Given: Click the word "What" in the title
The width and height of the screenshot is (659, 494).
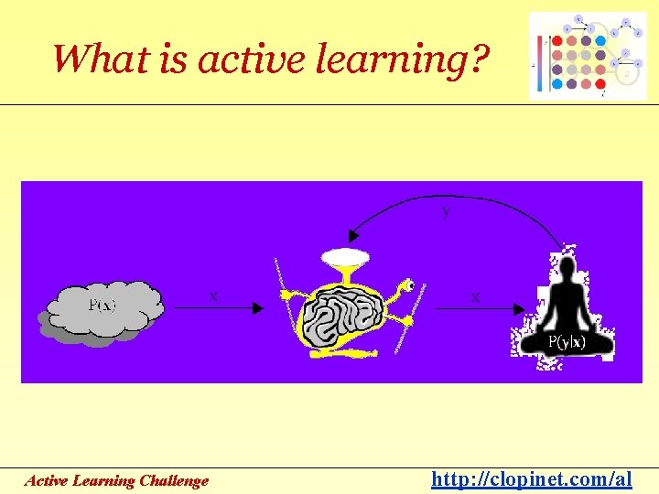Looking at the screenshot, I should [90, 59].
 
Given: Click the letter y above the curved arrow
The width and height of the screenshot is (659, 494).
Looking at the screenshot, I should [446, 211].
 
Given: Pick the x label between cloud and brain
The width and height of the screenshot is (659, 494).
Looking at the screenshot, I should [213, 296].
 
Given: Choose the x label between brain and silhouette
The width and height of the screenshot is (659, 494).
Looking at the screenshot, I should [474, 296].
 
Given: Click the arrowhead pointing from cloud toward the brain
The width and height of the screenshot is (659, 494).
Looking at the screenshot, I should [258, 309].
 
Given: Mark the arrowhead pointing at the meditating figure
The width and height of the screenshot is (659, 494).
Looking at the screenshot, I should [519, 309].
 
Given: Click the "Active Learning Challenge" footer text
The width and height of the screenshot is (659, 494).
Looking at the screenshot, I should [116, 480].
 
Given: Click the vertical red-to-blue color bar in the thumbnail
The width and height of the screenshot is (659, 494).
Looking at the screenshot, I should [539, 65].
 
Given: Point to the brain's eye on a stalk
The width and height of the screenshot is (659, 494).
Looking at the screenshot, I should [411, 285].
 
